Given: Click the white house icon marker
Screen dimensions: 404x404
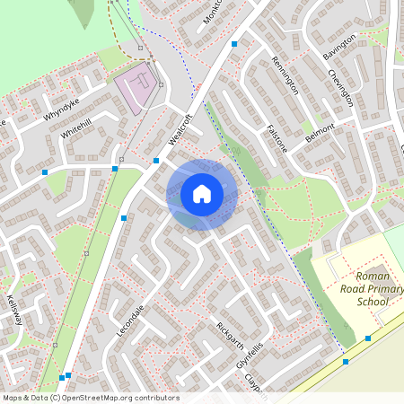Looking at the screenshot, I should (x=202, y=194).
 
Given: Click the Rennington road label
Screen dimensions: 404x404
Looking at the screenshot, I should (x=285, y=75).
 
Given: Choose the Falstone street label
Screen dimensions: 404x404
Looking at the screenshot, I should (x=277, y=139).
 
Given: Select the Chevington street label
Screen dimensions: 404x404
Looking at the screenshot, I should (x=341, y=87).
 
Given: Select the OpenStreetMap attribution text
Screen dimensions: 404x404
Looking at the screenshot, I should (x=90, y=398).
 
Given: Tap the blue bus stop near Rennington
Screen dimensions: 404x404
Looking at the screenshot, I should (x=234, y=43).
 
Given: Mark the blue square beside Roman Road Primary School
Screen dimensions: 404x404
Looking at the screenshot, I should (x=368, y=338).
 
